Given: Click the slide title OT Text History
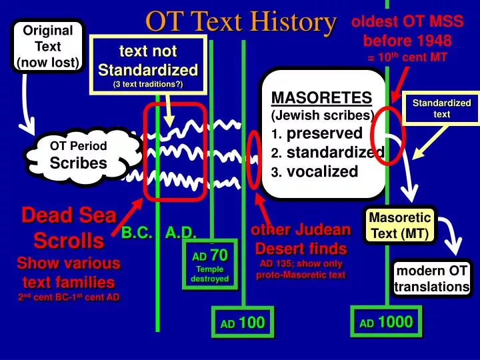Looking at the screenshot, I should [x=241, y=22].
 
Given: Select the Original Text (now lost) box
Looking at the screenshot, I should [x=47, y=47].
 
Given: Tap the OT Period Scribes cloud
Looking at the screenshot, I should [x=78, y=155].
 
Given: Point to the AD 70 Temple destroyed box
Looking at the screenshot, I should [x=209, y=265].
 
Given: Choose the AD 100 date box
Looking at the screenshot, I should [x=243, y=323].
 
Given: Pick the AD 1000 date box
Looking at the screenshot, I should [x=386, y=323].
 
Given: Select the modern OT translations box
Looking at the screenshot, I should [x=432, y=279].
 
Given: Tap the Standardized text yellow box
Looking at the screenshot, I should [x=441, y=108].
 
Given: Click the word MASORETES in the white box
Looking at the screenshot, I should [x=321, y=97].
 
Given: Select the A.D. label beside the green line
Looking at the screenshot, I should [x=180, y=232].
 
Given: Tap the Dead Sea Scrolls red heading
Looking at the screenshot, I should [x=69, y=227].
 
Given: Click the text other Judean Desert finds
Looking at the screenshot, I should [x=300, y=239].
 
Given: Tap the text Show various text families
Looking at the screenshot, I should [x=69, y=272].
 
